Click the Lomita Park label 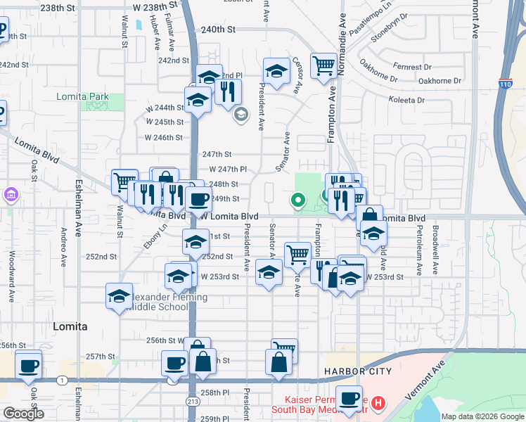pyautogui.click(x=83, y=96)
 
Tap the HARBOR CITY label pyautogui.click(x=355, y=371)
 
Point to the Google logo pyautogui.click(x=23, y=414)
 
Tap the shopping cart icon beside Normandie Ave pyautogui.click(x=323, y=66)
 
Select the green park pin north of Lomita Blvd pyautogui.click(x=297, y=201)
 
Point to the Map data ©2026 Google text pyautogui.click(x=482, y=416)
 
